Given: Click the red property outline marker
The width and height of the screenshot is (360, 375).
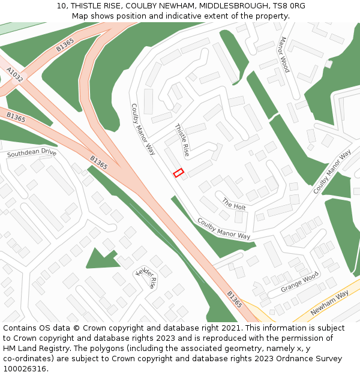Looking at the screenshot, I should (x=178, y=173).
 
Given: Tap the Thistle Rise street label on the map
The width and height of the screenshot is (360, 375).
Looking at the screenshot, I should (x=182, y=140).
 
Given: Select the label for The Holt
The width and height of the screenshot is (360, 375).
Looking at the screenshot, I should (x=234, y=204).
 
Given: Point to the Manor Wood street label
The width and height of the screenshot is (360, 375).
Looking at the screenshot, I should (x=283, y=55).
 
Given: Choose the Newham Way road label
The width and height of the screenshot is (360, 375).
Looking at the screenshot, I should (x=329, y=304).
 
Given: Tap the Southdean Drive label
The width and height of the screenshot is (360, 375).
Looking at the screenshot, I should (x=31, y=154).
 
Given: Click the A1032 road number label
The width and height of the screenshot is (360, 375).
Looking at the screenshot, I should (x=15, y=74).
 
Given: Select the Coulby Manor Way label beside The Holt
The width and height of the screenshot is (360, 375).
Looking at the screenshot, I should (x=224, y=229).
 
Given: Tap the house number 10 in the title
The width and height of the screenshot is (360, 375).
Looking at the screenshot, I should (x=62, y=5).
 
